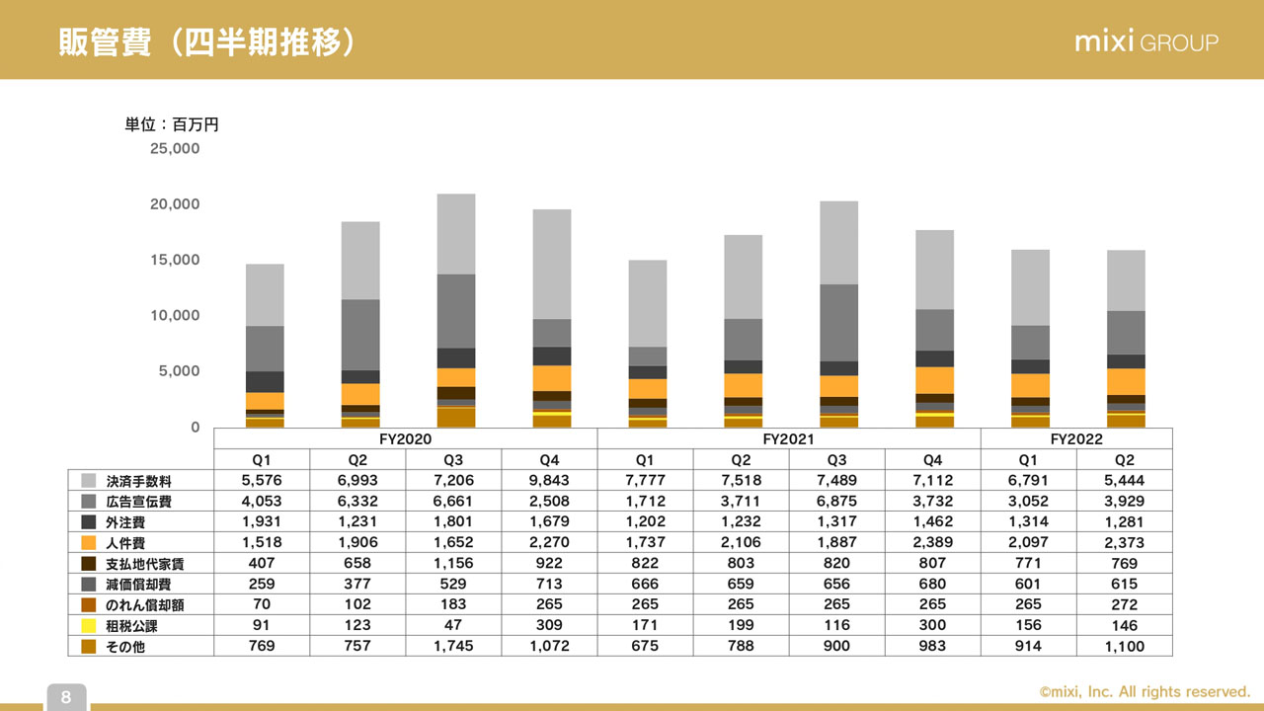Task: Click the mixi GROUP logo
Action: [x=1146, y=41]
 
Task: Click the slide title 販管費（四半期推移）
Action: [x=205, y=42]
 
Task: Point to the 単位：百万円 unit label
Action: [x=171, y=124]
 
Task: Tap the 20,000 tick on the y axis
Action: [x=174, y=204]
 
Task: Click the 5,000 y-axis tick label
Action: [x=180, y=371]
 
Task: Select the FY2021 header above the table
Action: [x=788, y=438]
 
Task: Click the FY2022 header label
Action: [x=1076, y=438]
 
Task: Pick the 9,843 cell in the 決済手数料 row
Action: [x=549, y=481]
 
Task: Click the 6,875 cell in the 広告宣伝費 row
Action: [x=836, y=502]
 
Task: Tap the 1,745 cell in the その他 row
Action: [x=453, y=647]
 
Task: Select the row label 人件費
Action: [x=125, y=543]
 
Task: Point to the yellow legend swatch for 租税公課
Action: [x=89, y=626]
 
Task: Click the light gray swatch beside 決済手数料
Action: [x=89, y=481]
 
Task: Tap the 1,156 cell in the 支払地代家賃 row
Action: [x=453, y=564]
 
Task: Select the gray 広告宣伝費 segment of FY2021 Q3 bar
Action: [x=838, y=322]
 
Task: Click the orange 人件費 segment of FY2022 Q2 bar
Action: [x=1126, y=381]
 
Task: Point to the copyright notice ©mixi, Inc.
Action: [x=1145, y=692]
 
